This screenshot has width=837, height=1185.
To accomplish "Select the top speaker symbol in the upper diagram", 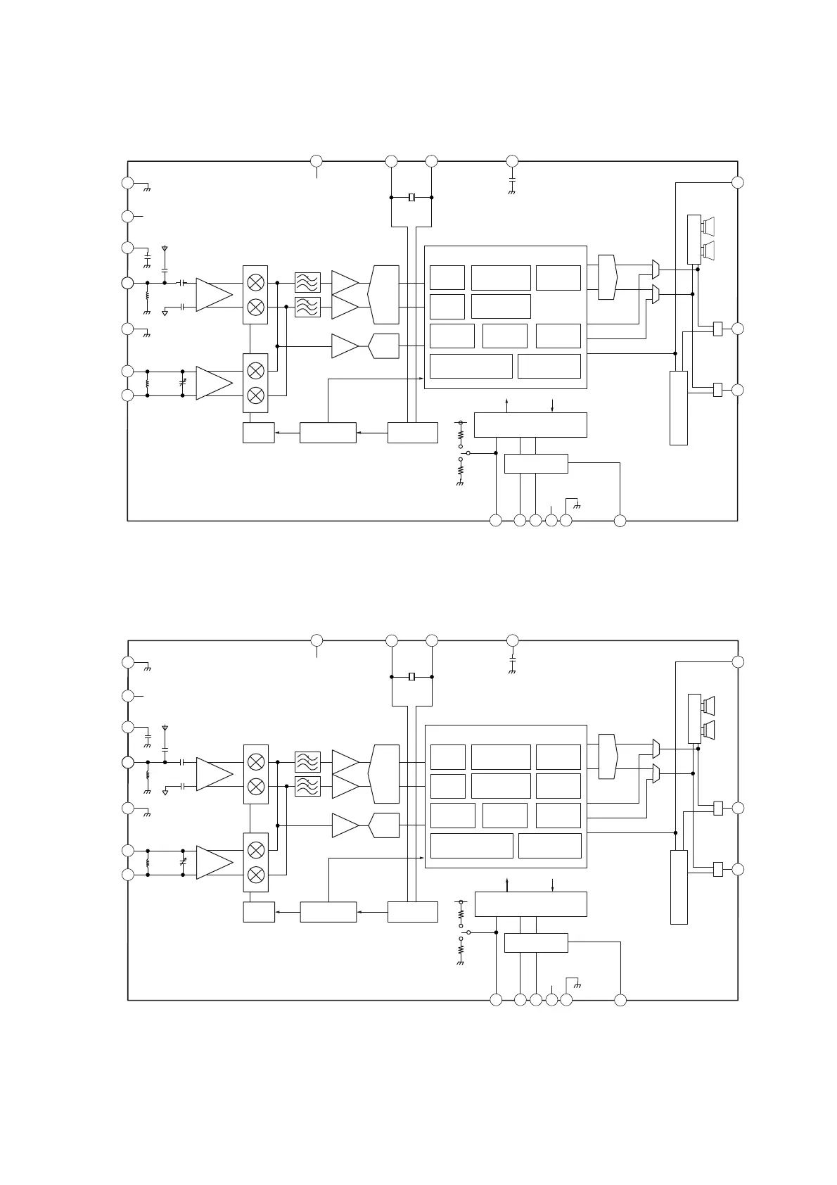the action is [x=708, y=226].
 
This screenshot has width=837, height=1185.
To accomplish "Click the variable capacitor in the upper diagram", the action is [x=183, y=383].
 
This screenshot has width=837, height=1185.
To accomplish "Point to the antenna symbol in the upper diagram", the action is [x=165, y=249].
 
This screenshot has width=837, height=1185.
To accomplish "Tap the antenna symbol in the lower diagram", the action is [x=165, y=728].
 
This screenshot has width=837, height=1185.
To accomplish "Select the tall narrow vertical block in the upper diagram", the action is [x=678, y=407].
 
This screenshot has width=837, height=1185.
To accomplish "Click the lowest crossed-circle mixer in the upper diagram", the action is [x=256, y=395].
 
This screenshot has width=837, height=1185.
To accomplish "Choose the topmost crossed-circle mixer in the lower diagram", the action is [x=257, y=761].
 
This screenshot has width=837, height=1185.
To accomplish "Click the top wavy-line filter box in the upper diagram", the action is [x=307, y=282].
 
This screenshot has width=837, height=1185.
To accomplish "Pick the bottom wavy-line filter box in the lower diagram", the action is [x=307, y=786].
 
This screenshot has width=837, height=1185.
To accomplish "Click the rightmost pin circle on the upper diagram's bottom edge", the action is [x=620, y=521].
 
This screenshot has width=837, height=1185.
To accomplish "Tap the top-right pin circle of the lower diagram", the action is [x=738, y=661].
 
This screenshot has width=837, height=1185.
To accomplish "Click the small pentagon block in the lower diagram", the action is [x=383, y=825].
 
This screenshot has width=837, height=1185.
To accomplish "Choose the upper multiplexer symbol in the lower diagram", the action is [x=656, y=747].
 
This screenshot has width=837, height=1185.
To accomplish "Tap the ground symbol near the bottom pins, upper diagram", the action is [x=577, y=505].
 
